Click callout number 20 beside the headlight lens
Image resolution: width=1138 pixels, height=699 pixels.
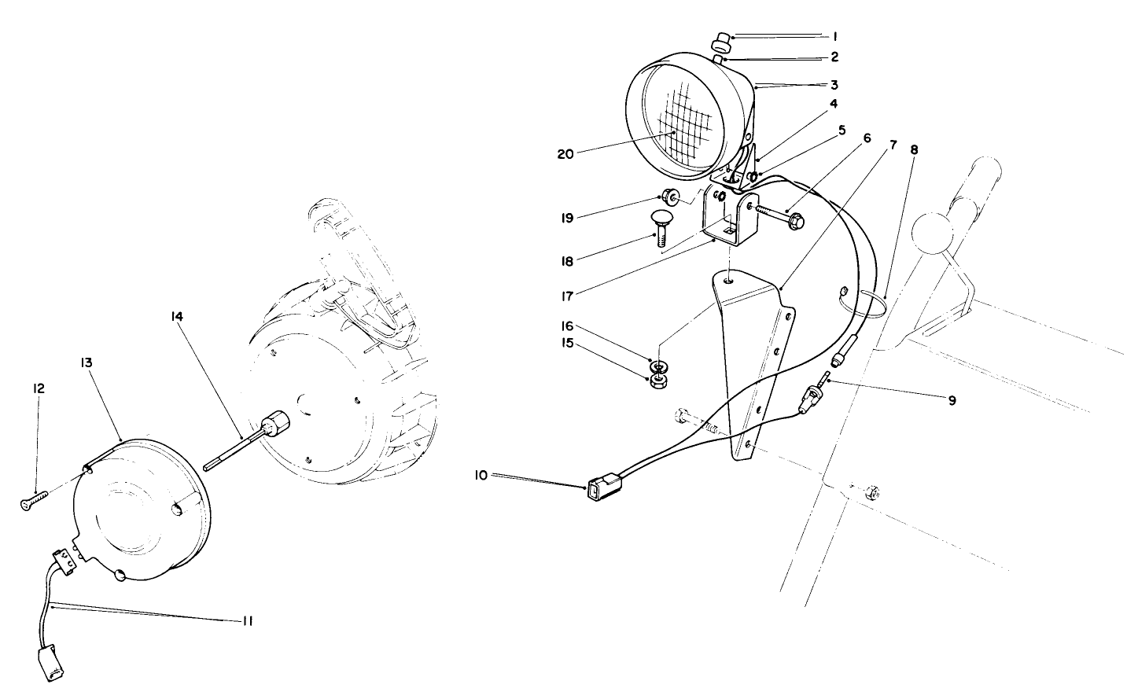(565, 154)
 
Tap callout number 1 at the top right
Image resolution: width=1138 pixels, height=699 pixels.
(835, 36)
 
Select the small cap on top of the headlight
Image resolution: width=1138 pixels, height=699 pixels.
(721, 41)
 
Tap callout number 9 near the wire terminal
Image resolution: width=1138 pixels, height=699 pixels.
(952, 400)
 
